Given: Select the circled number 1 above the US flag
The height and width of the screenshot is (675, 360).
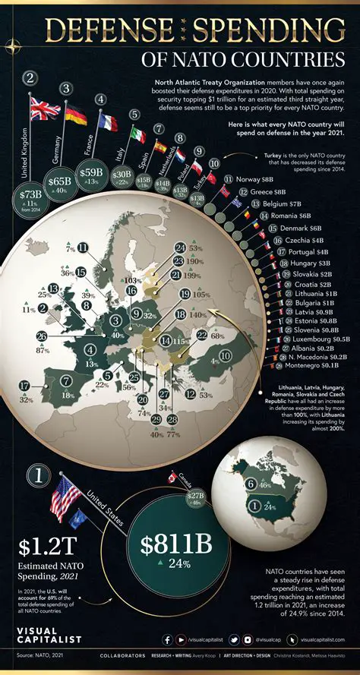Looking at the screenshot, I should [x=33, y=476].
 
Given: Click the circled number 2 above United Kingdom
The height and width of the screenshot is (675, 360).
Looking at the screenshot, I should [x=31, y=78].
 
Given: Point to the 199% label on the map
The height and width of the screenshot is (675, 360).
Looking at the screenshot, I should [x=194, y=275].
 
